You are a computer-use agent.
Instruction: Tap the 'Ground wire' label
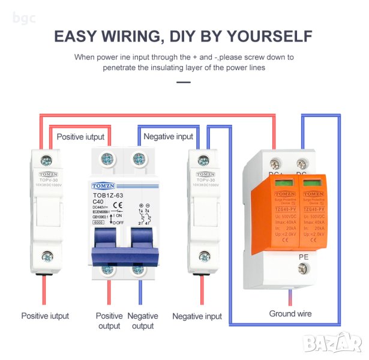point(290,314)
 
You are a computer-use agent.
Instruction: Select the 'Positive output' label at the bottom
point(109,320)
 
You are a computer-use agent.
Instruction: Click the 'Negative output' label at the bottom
point(143,320)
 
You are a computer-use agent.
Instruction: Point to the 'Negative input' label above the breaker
point(169,137)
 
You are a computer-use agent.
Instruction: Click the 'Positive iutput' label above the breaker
point(80,137)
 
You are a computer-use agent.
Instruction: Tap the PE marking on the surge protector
point(304,256)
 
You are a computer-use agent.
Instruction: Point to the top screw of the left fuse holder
point(44,159)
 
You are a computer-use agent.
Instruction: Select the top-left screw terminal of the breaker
point(108,159)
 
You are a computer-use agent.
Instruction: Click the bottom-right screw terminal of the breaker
point(139,269)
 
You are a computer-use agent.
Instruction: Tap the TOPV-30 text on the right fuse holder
point(205,179)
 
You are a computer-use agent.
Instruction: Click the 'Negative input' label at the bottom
point(197,316)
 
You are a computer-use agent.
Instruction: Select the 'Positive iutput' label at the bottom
point(45,316)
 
